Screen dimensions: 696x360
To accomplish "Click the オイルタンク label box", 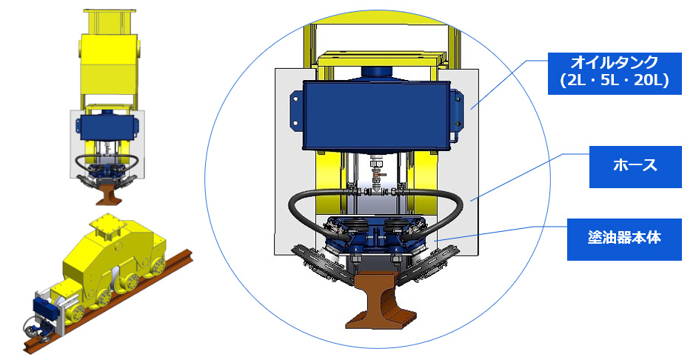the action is point(615,73).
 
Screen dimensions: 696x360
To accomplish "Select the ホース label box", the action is point(635,167).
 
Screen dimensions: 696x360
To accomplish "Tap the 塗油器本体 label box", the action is point(624,239).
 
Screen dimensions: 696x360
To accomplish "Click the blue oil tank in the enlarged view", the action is point(376,115).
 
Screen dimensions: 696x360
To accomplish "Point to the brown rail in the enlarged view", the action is point(381,299).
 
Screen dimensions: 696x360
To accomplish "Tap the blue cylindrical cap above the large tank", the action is point(376,73).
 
